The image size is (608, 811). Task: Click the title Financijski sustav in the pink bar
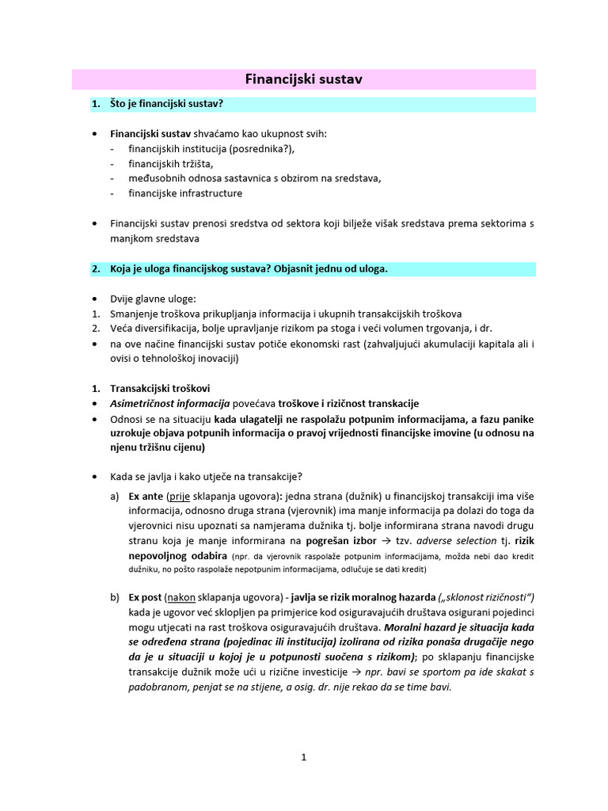304,79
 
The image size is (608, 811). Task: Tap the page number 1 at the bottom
303,757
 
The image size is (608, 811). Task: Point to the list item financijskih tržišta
171,164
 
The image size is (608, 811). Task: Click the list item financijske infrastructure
185,193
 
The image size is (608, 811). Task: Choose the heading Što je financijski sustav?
167,105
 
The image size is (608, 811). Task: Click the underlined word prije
179,497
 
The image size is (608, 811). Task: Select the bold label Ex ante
146,497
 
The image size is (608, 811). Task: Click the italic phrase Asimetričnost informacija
169,403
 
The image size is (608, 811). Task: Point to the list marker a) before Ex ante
116,497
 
